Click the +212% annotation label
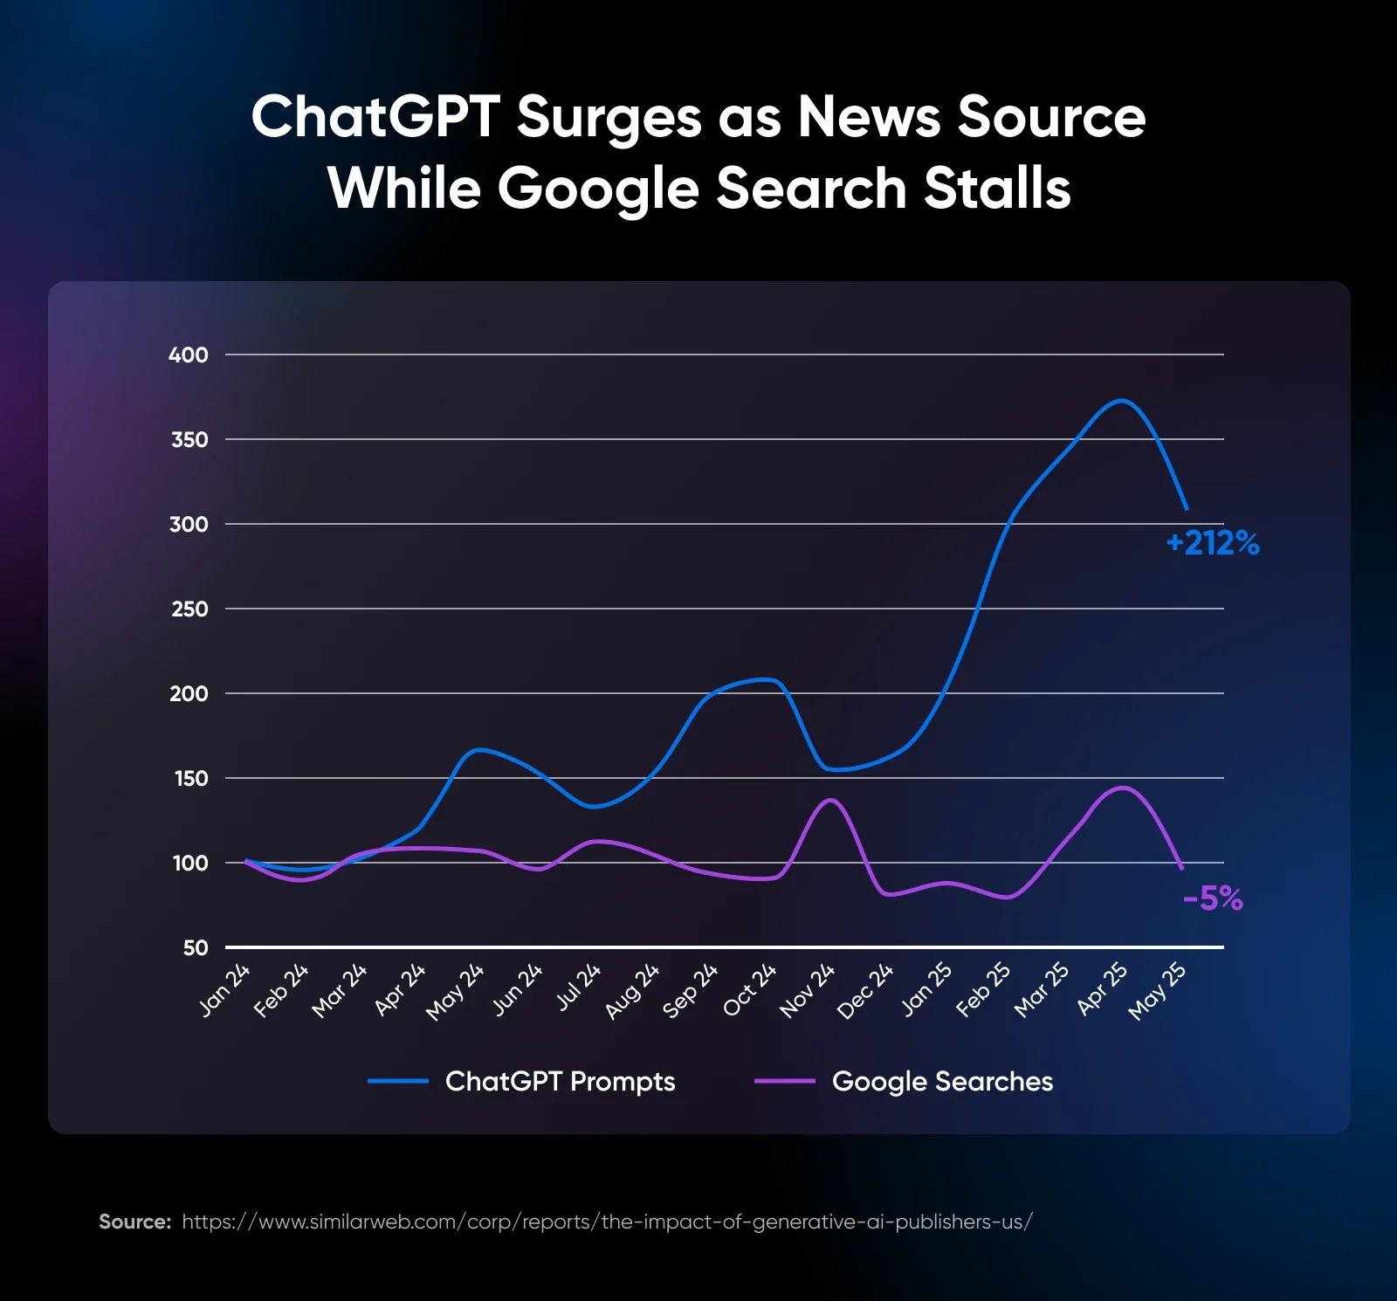[1213, 543]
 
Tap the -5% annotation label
[1213, 898]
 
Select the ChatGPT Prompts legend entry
[559, 1081]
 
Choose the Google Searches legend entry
[941, 1081]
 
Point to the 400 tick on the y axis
[189, 355]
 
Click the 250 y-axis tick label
[189, 609]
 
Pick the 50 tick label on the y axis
[196, 947]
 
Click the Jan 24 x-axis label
[225, 990]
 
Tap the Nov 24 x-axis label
[808, 991]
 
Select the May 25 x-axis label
[1157, 992]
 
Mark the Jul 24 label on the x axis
[579, 987]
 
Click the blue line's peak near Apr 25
[1122, 401]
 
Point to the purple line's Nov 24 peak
[829, 799]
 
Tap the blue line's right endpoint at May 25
[1187, 509]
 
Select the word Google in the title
[597, 189]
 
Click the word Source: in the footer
[134, 1222]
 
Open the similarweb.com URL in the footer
[607, 1222]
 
